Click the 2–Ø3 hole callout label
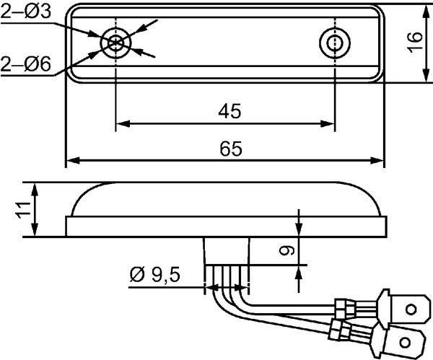coord(26,12)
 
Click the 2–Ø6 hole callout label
coord(26,63)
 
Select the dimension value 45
coord(229,111)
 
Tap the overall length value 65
coord(231,149)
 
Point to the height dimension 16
coord(415,42)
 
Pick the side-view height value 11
coord(24,210)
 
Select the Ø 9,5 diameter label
coord(154,275)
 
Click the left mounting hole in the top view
coord(115,43)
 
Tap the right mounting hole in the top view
coord(335,43)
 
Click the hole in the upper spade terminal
coord(411,309)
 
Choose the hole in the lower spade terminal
coord(405,343)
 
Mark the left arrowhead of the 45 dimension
coord(123,123)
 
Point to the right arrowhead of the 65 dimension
coord(377,160)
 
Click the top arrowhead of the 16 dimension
coord(427,12)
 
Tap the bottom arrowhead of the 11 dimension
coord(35,229)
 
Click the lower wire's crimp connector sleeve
coord(339,330)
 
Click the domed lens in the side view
coord(226,199)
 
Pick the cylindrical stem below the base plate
coord(227,251)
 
